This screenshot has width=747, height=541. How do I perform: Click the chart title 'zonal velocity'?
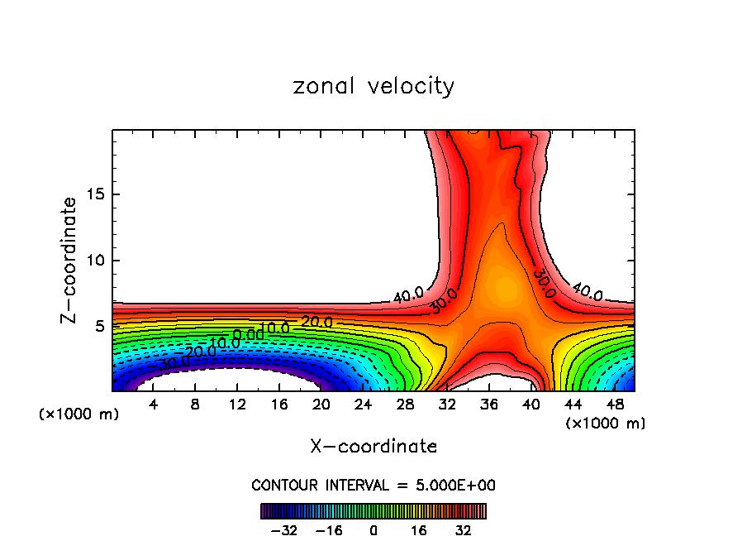click(x=373, y=86)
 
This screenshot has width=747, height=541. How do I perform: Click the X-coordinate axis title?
click(x=373, y=447)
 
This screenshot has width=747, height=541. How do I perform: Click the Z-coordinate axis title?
click(x=72, y=260)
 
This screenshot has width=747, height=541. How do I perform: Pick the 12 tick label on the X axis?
click(x=237, y=405)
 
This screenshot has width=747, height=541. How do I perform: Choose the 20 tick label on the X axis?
click(x=321, y=405)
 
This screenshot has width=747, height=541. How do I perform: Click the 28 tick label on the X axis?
click(x=405, y=405)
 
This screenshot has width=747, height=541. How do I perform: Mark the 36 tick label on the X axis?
click(x=488, y=405)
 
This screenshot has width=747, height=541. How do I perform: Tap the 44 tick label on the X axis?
click(x=572, y=405)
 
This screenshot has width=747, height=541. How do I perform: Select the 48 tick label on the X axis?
click(x=614, y=405)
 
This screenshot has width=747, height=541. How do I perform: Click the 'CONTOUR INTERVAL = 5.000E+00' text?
click(x=373, y=485)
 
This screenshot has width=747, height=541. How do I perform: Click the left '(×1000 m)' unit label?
click(x=79, y=414)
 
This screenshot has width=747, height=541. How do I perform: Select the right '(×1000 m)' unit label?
click(x=606, y=424)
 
